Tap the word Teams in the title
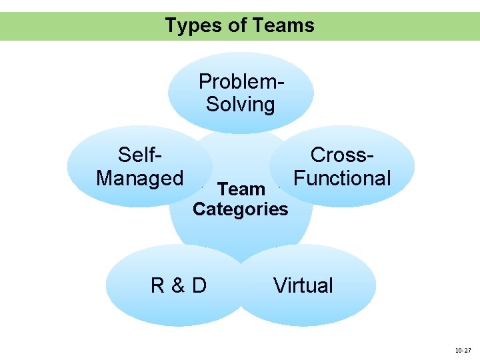pyautogui.click(x=283, y=26)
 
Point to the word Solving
pyautogui.click(x=241, y=105)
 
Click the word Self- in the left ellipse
pyautogui.click(x=141, y=155)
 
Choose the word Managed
pyautogui.click(x=140, y=178)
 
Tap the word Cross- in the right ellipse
pyautogui.click(x=342, y=155)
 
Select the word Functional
pyautogui.click(x=342, y=178)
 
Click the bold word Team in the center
pyautogui.click(x=241, y=190)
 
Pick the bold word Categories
pyautogui.click(x=241, y=209)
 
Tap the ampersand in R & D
pyautogui.click(x=178, y=285)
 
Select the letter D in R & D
pyautogui.click(x=199, y=285)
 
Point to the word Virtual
pyautogui.click(x=303, y=285)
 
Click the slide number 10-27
pyautogui.click(x=462, y=349)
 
